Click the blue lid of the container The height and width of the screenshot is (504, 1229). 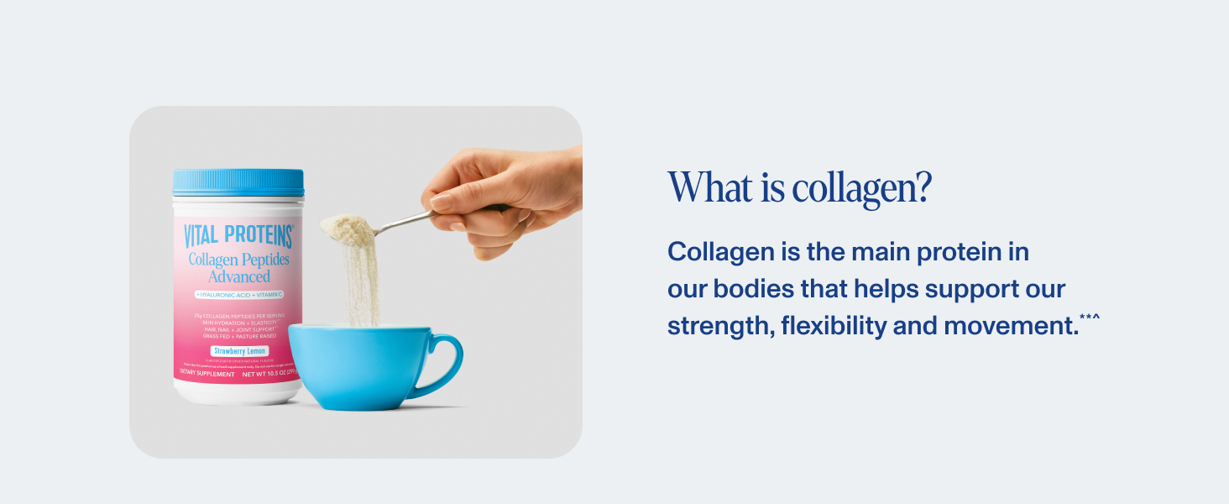(x=238, y=182)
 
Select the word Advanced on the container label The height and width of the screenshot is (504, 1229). (x=238, y=276)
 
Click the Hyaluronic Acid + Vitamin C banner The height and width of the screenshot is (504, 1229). (x=238, y=295)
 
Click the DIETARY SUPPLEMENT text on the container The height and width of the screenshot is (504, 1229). (x=207, y=374)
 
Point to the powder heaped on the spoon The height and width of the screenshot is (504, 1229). (x=348, y=226)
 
